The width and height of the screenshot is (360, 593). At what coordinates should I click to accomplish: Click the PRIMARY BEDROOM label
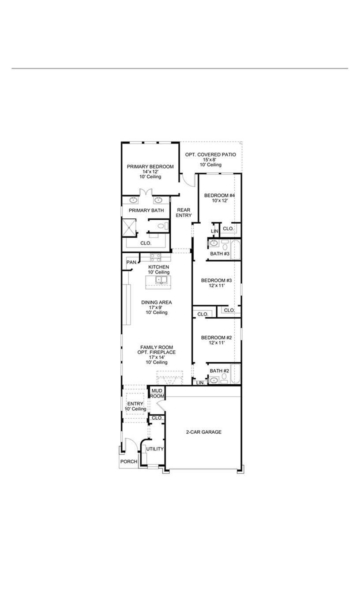150,167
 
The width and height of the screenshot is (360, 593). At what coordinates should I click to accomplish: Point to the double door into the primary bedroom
146,193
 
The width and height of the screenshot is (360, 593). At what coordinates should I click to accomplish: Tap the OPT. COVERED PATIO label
210,155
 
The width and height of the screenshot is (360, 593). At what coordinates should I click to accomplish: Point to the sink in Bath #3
214,243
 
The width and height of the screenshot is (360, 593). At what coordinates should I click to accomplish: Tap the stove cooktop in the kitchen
155,257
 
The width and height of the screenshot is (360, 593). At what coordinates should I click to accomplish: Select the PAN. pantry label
131,263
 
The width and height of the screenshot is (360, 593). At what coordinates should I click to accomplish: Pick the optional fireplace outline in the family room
169,378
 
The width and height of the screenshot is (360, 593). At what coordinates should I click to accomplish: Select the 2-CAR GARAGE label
203,432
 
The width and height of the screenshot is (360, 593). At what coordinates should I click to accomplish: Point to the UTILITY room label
155,449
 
